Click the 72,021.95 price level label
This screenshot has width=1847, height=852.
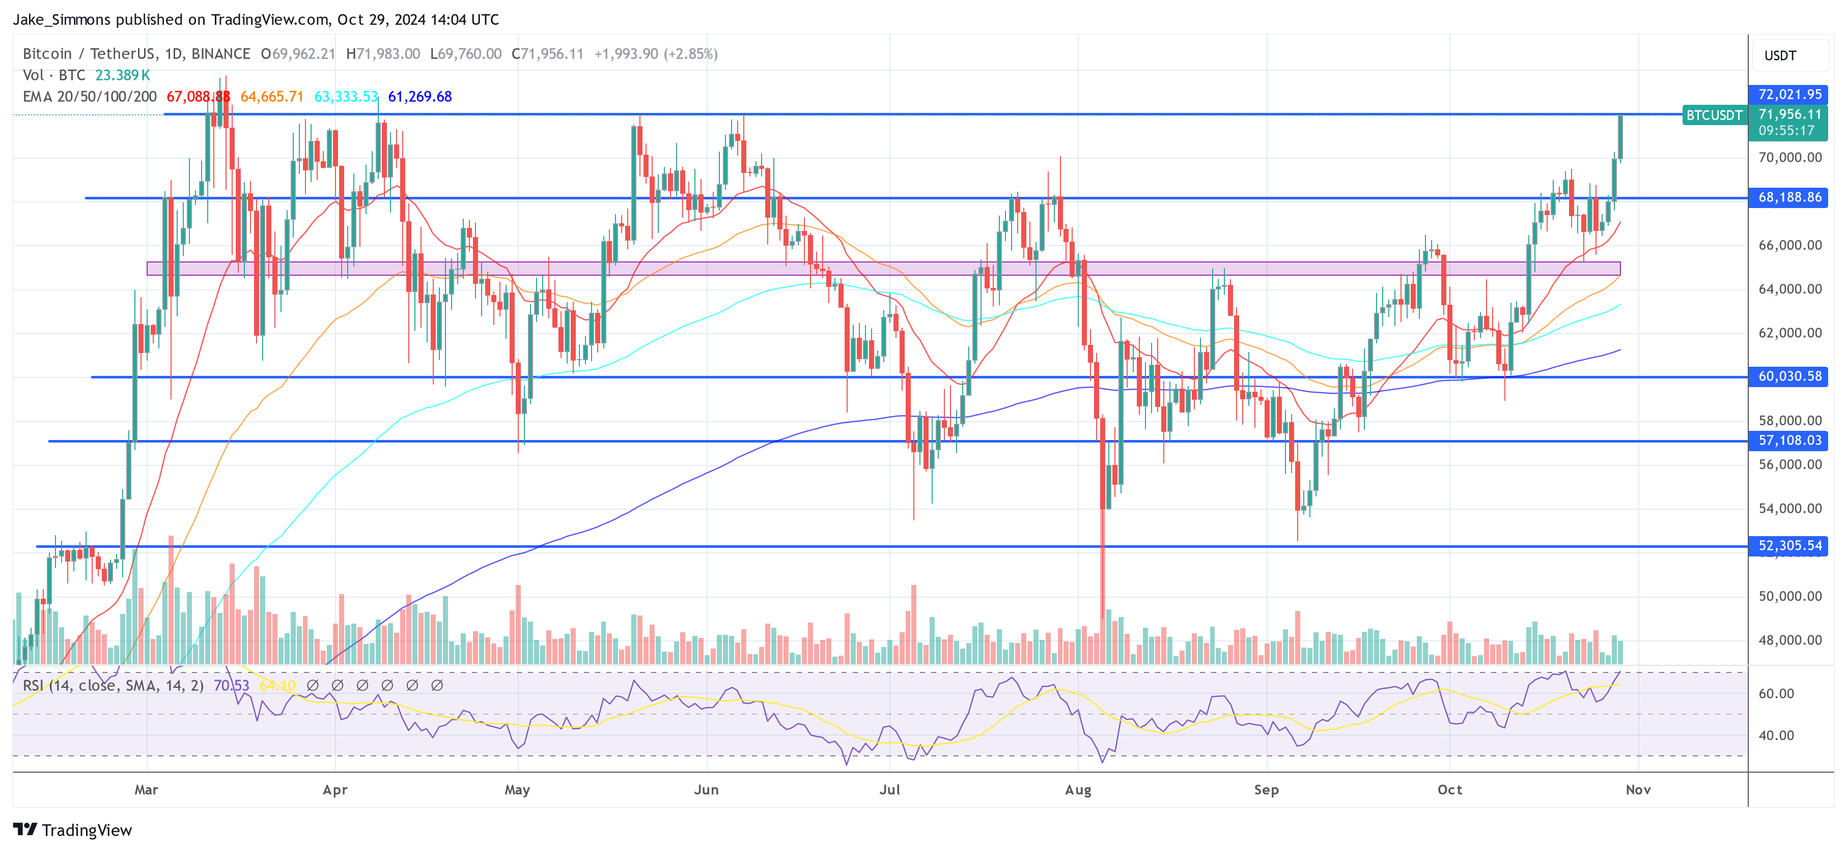point(1789,94)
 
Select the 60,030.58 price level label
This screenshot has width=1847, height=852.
point(1789,376)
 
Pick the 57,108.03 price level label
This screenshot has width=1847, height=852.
point(1789,440)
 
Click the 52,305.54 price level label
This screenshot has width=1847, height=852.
point(1789,545)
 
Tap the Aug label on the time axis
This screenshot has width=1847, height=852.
point(1078,789)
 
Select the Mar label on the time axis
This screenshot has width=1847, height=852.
point(146,789)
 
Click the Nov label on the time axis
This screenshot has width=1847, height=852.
point(1638,789)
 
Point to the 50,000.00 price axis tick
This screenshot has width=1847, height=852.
point(1789,596)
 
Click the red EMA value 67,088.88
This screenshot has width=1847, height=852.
point(198,97)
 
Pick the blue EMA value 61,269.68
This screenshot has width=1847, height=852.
point(419,97)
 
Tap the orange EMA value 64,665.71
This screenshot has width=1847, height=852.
point(272,97)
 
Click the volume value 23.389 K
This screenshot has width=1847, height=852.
point(123,75)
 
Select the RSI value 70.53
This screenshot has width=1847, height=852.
point(231,686)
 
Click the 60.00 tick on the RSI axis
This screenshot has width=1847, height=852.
point(1776,694)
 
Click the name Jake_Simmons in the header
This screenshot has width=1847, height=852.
point(62,19)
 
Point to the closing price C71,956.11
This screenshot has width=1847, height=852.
point(547,54)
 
